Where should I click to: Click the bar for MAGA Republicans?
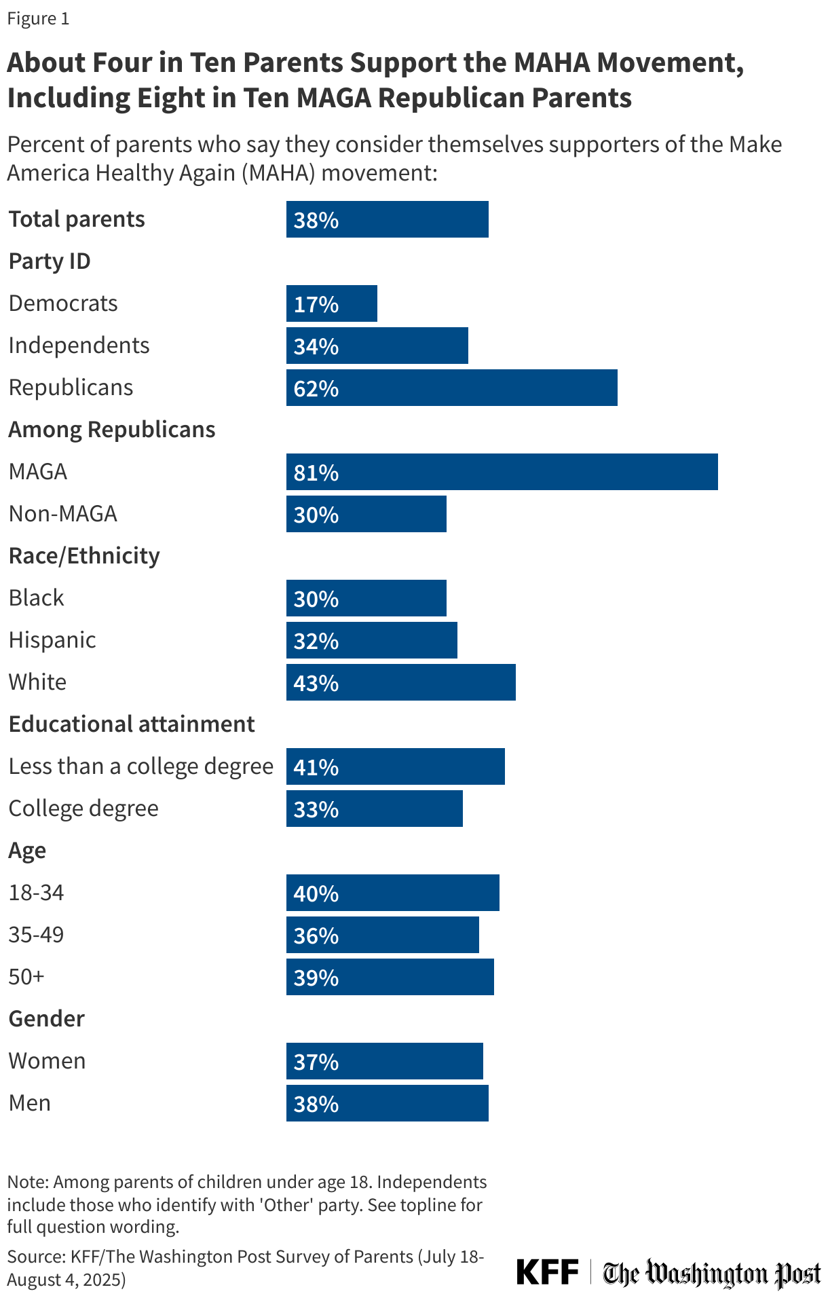[502, 472]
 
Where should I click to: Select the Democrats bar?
[331, 303]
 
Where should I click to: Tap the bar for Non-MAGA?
[366, 514]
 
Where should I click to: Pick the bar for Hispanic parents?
[371, 640]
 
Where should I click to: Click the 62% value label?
[316, 388]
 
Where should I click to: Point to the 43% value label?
[316, 683]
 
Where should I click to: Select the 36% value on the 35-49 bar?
[316, 935]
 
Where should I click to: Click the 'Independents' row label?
[79, 346]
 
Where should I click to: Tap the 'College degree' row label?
[83, 809]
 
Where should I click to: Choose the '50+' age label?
[26, 977]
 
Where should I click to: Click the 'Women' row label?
[47, 1061]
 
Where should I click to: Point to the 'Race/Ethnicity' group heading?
[84, 556]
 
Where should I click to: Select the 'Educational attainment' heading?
[132, 724]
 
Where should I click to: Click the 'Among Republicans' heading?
[112, 430]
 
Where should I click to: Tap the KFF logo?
[547, 1272]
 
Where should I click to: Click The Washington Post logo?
[712, 1273]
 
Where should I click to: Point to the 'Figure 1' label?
[38, 19]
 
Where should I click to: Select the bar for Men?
[387, 1103]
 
